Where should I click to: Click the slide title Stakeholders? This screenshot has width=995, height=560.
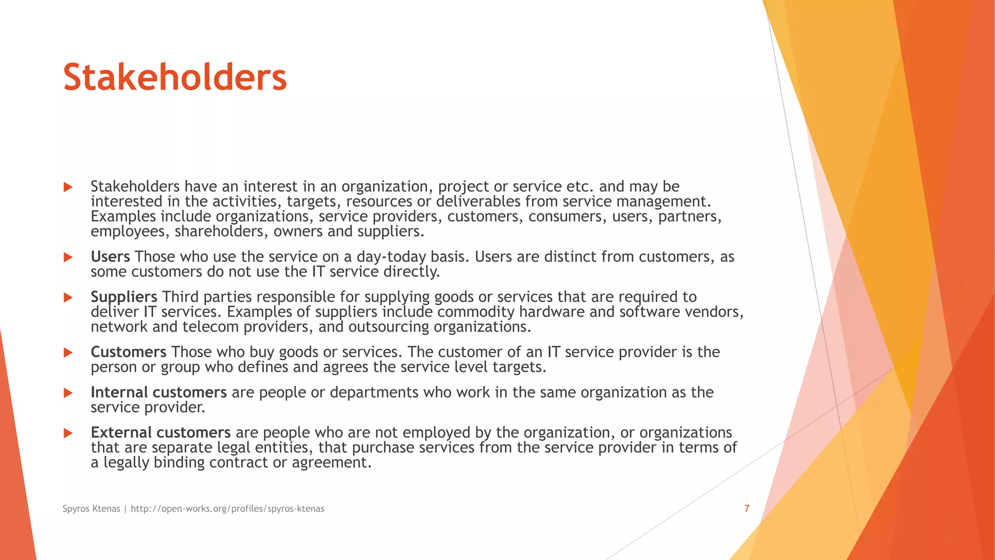[175, 78]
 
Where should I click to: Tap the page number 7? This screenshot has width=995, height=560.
[747, 508]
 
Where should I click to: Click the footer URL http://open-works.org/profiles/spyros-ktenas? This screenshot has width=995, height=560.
[227, 508]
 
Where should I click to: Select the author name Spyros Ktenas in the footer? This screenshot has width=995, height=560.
[91, 508]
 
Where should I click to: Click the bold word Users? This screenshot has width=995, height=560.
[110, 257]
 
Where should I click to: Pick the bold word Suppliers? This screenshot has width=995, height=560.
[124, 297]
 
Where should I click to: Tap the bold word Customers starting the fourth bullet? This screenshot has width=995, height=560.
[129, 352]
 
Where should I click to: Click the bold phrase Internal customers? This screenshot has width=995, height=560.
[158, 392]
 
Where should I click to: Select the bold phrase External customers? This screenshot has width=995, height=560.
[160, 433]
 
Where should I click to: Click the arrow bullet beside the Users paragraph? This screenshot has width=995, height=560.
[68, 257]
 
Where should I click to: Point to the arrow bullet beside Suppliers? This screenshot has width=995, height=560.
[68, 297]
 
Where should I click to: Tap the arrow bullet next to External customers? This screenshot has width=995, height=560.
[68, 433]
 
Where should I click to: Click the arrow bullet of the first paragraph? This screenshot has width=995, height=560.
[68, 187]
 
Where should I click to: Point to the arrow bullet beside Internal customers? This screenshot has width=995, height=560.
[68, 393]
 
